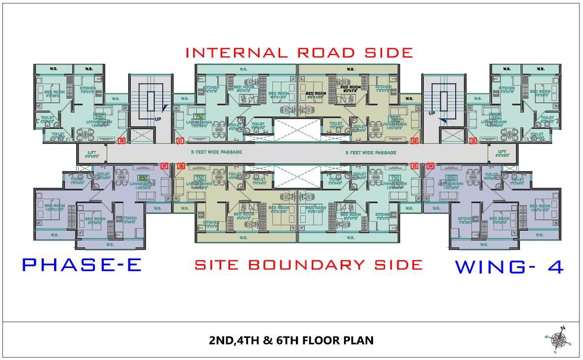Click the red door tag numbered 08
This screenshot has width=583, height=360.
tap(121, 141)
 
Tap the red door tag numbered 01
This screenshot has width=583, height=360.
tap(180, 141)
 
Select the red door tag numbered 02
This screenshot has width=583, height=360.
tap(414, 141)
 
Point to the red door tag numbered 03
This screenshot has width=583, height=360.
tap(473, 141)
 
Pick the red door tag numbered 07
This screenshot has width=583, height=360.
tap(165, 166)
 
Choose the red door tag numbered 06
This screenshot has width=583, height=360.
tap(181, 166)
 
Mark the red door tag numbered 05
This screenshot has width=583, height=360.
tap(414, 166)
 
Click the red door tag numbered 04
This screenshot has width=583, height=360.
tap(431, 166)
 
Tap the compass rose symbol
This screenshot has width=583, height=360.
tap(557, 339)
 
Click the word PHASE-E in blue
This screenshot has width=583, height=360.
tap(82, 265)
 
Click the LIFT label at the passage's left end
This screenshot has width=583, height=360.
tap(92, 152)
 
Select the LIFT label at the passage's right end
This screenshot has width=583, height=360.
tap(502, 152)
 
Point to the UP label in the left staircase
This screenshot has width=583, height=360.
tap(158, 119)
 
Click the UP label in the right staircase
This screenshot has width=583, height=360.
tap(432, 113)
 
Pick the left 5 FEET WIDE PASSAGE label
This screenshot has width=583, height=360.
tap(216, 152)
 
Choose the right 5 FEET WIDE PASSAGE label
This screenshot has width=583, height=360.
tap(371, 152)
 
